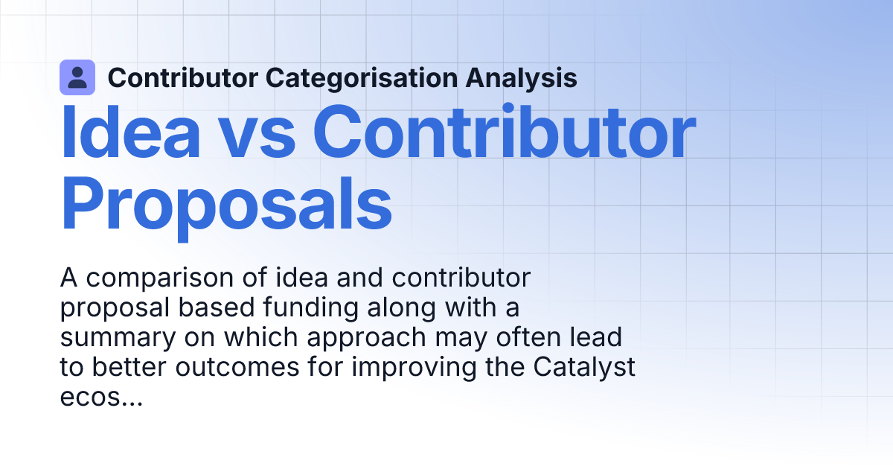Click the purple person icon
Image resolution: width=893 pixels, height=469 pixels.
point(77,77)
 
